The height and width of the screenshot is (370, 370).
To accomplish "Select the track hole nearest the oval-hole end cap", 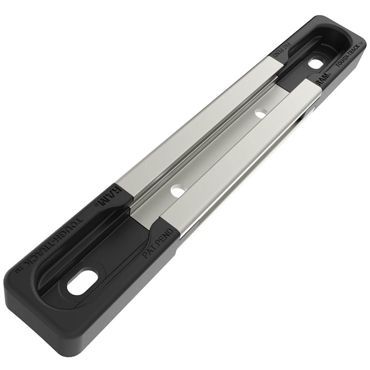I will (177, 191).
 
